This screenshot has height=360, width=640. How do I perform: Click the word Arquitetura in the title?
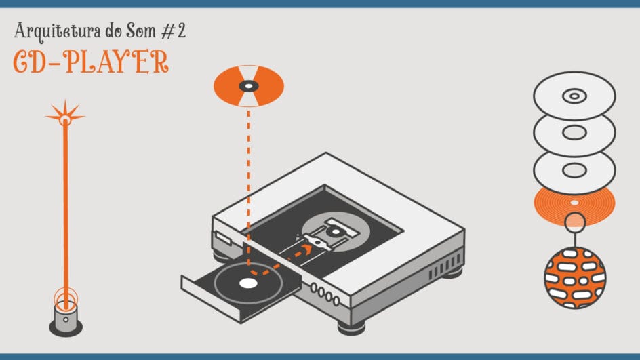57,31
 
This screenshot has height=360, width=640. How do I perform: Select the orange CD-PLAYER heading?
91,62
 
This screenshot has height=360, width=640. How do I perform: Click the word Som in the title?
141,31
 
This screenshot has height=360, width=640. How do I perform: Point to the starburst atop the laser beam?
65,115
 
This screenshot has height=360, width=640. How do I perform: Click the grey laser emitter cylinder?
65,317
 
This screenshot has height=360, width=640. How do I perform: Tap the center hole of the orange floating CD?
249,86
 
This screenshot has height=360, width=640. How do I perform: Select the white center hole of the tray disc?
248,283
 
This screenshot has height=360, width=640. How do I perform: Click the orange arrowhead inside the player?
307,248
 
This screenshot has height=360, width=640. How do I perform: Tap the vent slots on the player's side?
445,266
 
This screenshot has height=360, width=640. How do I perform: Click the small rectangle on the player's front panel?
222,239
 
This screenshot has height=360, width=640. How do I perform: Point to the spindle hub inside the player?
336,231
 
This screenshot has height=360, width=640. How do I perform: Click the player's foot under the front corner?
351,327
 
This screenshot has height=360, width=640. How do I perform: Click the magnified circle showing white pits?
575,277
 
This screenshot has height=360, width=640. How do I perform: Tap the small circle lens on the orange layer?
575,222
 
